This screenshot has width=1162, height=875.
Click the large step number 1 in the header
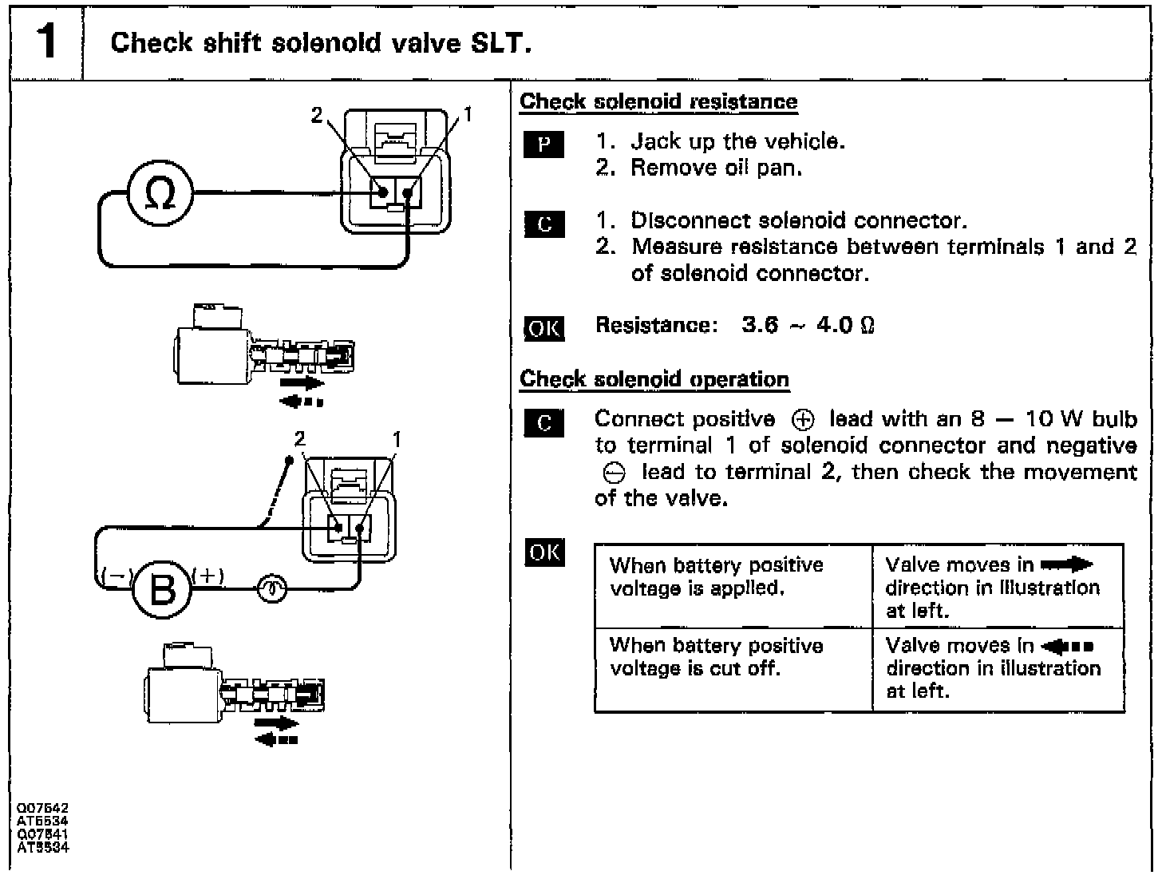point(47,41)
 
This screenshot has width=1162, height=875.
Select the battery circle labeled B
point(162,589)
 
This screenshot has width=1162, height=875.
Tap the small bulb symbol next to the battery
point(271,589)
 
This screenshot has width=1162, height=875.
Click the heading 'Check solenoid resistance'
point(658,102)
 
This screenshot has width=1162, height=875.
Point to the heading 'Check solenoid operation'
point(654,379)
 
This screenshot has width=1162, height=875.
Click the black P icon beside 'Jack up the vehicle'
point(544,145)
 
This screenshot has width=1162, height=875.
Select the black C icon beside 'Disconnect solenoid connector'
point(544,224)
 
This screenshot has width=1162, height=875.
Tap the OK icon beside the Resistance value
point(543,327)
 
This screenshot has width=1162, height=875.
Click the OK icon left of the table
point(544,552)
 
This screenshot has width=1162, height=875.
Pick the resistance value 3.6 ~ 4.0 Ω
point(808,326)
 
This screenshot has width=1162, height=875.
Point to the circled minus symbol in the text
point(615,473)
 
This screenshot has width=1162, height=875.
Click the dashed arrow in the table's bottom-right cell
point(1068,646)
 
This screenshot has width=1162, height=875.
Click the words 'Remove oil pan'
point(716,168)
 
